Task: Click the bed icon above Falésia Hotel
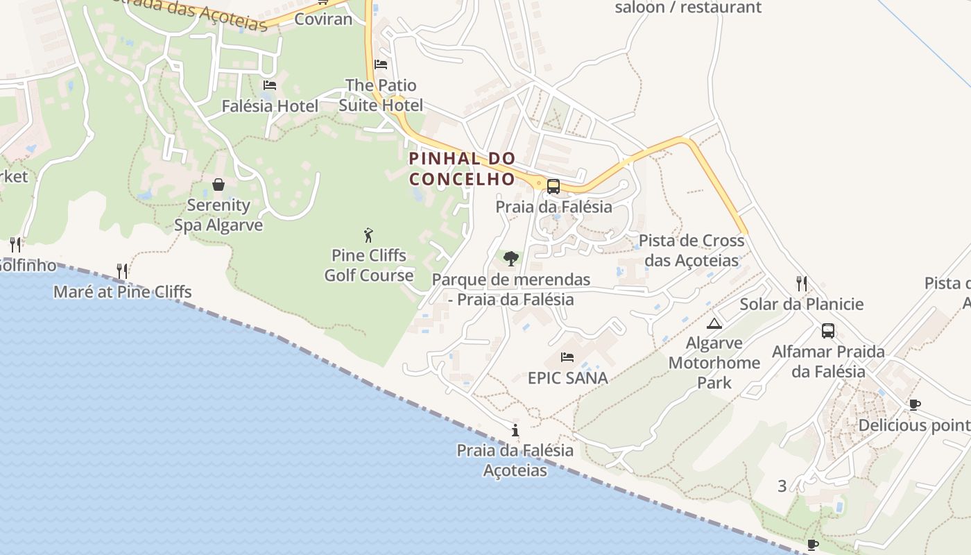click(270, 85)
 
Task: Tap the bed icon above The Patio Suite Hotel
click(380, 65)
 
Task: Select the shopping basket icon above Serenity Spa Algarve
click(218, 185)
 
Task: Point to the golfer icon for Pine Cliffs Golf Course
click(368, 235)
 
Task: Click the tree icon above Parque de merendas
click(510, 259)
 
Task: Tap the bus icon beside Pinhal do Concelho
click(553, 186)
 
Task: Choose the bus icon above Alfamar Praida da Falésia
click(827, 331)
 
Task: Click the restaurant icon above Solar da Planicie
click(802, 283)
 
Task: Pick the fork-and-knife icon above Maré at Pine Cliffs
click(123, 271)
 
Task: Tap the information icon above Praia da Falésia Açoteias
click(515, 430)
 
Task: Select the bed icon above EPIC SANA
click(567, 358)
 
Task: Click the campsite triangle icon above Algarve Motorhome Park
click(714, 323)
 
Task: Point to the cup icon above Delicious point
click(915, 404)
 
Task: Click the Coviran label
click(323, 19)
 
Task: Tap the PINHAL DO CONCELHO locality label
click(463, 169)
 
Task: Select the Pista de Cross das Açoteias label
click(691, 250)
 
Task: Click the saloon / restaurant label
click(688, 8)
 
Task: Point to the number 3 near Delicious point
click(782, 486)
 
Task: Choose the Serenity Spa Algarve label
click(218, 215)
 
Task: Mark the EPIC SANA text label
click(568, 378)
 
